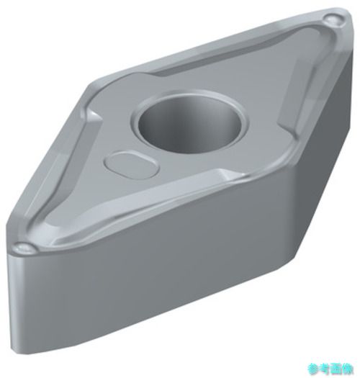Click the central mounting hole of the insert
(x=189, y=124)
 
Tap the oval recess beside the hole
(x=132, y=164)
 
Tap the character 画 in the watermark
(x=337, y=368)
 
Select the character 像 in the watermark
(x=348, y=368)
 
